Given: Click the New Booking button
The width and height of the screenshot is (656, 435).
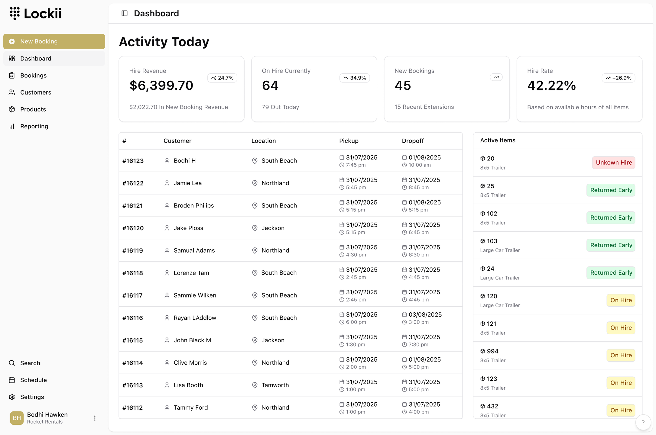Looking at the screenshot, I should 54,41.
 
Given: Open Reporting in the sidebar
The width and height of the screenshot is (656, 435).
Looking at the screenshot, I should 34,126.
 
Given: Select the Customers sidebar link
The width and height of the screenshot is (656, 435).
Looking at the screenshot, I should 35,92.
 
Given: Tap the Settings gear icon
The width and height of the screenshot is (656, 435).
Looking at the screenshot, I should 12,397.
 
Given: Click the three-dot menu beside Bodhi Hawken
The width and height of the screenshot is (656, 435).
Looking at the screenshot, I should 95,418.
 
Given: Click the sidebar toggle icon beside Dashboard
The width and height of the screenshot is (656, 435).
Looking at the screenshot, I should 125,13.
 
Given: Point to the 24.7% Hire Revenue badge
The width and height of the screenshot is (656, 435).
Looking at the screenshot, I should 222,78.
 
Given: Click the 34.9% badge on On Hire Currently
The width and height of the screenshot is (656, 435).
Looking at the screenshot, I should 355,78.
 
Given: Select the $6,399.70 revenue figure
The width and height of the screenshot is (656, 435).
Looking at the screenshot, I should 161,85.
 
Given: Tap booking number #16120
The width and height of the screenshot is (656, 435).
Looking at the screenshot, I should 133,228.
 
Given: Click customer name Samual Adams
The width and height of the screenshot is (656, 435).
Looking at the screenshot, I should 194,250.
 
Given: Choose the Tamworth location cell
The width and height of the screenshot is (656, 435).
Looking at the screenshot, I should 275,385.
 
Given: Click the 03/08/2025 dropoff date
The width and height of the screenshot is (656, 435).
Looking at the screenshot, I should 425,314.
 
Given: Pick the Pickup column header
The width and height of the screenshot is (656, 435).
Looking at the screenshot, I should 349,141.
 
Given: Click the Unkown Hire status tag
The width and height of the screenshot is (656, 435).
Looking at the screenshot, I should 613,163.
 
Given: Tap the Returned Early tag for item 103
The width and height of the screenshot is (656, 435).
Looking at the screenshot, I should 611,245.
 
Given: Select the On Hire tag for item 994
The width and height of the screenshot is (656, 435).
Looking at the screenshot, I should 621,355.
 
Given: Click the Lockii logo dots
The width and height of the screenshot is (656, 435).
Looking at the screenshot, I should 15,13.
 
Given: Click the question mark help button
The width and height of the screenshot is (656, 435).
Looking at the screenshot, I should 643,422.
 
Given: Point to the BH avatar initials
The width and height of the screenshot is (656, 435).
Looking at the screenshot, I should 17,418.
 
